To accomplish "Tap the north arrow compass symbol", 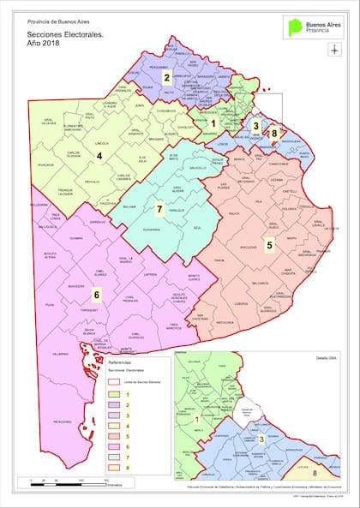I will click(x=334, y=49).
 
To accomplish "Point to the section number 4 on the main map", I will click(x=99, y=156).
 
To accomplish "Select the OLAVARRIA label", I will click(x=151, y=230).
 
